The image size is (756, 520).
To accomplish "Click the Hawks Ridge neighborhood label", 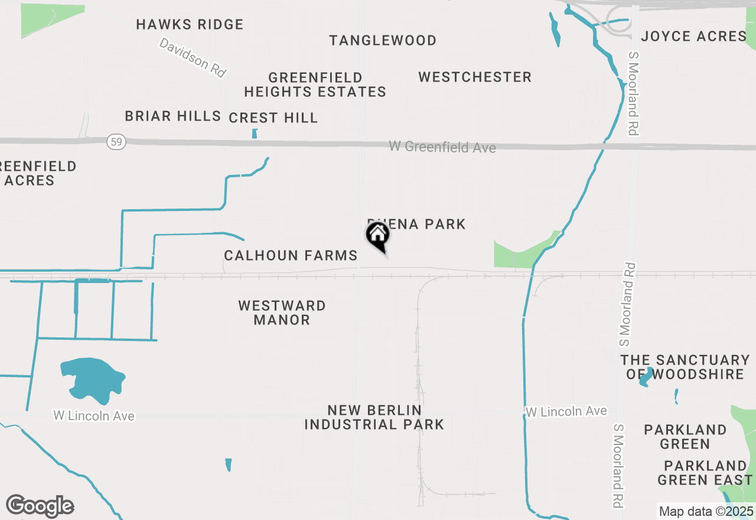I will tap(190, 24).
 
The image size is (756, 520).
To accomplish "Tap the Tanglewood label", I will tap(383, 40).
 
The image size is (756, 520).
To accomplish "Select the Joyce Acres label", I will tap(693, 36).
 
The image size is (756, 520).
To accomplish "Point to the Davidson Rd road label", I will tap(193, 57).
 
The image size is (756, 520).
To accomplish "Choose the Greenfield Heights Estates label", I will tap(315, 84).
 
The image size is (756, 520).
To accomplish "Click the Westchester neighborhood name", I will tap(475, 77).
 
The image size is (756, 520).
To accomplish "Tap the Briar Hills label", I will tap(172, 116).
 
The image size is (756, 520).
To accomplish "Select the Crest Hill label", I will tap(273, 118).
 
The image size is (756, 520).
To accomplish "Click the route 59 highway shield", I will tap(116, 142).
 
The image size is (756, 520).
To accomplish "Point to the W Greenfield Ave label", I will tap(442, 147).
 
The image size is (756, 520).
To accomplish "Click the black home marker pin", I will tap(377, 236).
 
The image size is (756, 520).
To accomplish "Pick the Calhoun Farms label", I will tap(291, 255).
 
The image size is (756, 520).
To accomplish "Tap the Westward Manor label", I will tap(282, 313).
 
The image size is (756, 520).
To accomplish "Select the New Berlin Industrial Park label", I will tap(374, 417).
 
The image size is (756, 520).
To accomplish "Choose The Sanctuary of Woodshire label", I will tap(685, 366).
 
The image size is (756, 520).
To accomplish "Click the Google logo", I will tap(40, 506).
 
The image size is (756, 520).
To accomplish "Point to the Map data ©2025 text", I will tap(706, 511).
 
